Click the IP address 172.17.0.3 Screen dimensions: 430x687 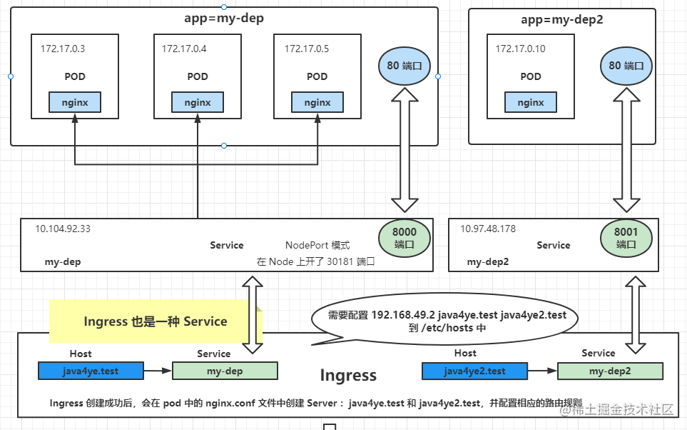63,49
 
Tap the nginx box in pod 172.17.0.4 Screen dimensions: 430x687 198,102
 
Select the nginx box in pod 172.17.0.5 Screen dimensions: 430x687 317,102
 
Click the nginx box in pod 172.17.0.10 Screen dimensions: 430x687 531,102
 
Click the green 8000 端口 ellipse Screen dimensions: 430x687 404,238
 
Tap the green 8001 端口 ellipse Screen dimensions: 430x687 626,238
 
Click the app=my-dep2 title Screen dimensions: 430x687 561,19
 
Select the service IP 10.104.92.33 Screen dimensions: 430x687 63,229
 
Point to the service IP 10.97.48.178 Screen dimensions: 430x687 488,229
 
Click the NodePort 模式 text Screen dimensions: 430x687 317,245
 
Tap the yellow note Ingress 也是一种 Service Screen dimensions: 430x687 155,321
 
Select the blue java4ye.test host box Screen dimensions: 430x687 91,371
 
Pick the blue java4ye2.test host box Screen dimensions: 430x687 475,371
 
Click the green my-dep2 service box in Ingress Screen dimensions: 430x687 610,371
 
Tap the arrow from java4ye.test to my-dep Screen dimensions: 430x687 158,371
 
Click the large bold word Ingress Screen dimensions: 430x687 348,375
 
